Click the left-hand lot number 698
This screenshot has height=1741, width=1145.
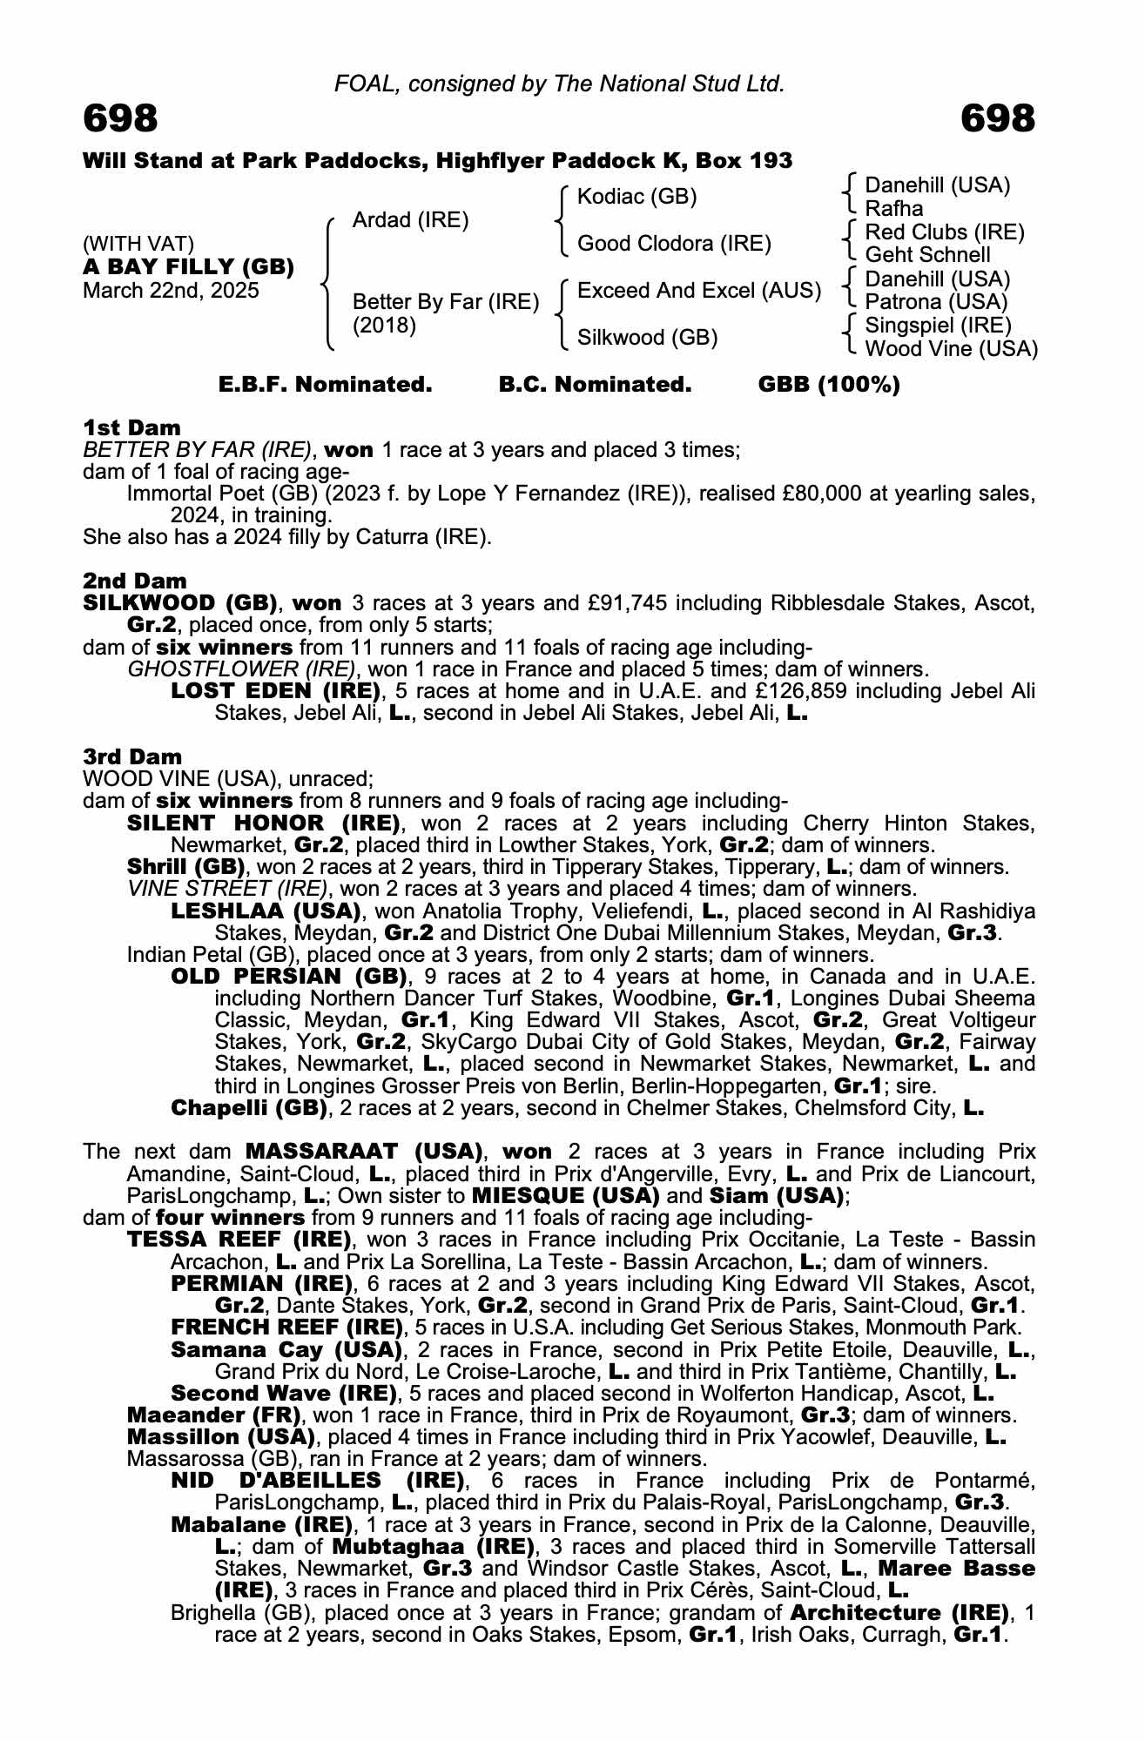(x=121, y=119)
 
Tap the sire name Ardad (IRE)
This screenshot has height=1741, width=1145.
(x=410, y=220)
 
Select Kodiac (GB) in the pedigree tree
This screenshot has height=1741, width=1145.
(x=637, y=197)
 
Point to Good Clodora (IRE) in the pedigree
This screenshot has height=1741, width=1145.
(x=674, y=244)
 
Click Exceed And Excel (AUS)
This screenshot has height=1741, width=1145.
(x=699, y=291)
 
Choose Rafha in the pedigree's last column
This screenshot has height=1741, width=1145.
(x=893, y=209)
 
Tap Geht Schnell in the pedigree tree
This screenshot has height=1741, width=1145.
(x=927, y=255)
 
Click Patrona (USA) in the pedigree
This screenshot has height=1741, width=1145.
(x=936, y=302)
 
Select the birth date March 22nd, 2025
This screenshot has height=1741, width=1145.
(x=171, y=291)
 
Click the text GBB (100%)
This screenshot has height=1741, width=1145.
(x=829, y=385)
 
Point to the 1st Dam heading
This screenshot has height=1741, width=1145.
(x=131, y=427)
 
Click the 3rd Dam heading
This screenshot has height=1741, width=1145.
(x=132, y=756)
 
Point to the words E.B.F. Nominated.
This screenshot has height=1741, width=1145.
(x=325, y=385)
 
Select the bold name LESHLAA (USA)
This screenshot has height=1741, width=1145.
(x=266, y=911)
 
